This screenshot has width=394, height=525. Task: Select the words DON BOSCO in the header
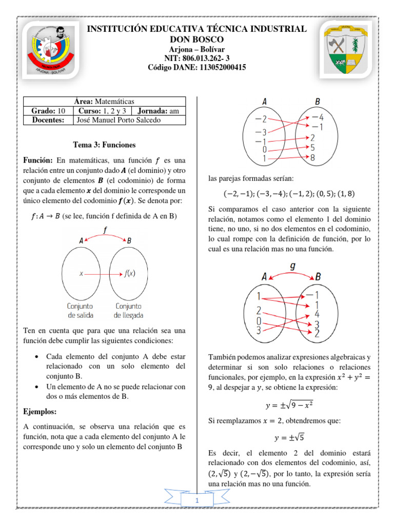pos(196,39)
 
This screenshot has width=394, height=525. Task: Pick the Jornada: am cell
pos(158,111)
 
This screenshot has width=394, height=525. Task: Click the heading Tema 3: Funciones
pos(105,145)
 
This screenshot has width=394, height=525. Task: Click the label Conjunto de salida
pos(80,310)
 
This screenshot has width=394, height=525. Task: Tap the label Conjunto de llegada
pos(128,310)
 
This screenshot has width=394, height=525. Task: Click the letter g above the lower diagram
pos(292,267)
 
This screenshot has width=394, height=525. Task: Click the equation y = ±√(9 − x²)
pos(289,405)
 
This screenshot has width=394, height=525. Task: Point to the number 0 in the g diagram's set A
pos(259,320)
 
